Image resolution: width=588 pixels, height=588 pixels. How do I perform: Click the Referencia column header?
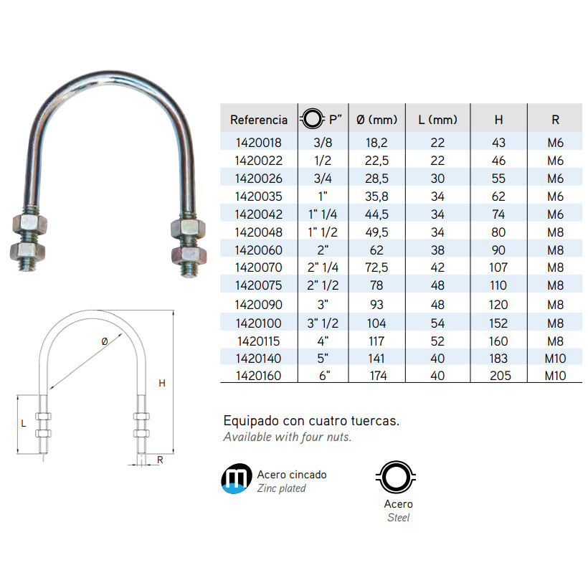click(x=259, y=120)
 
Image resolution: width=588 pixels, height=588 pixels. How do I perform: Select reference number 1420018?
click(x=259, y=143)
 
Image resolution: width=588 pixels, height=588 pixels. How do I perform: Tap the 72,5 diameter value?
click(x=376, y=267)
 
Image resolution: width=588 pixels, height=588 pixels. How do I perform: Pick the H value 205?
click(x=501, y=375)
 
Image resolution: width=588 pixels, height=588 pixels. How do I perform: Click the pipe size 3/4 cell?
click(x=323, y=179)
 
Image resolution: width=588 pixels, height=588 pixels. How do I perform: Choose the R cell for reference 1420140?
click(x=556, y=359)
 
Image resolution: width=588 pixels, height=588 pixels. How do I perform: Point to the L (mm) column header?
click(x=437, y=120)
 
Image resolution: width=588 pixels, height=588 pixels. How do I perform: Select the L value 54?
click(x=437, y=323)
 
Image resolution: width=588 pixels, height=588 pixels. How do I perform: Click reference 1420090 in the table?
click(x=259, y=305)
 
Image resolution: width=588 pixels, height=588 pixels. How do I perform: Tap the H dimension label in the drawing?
click(x=162, y=383)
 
